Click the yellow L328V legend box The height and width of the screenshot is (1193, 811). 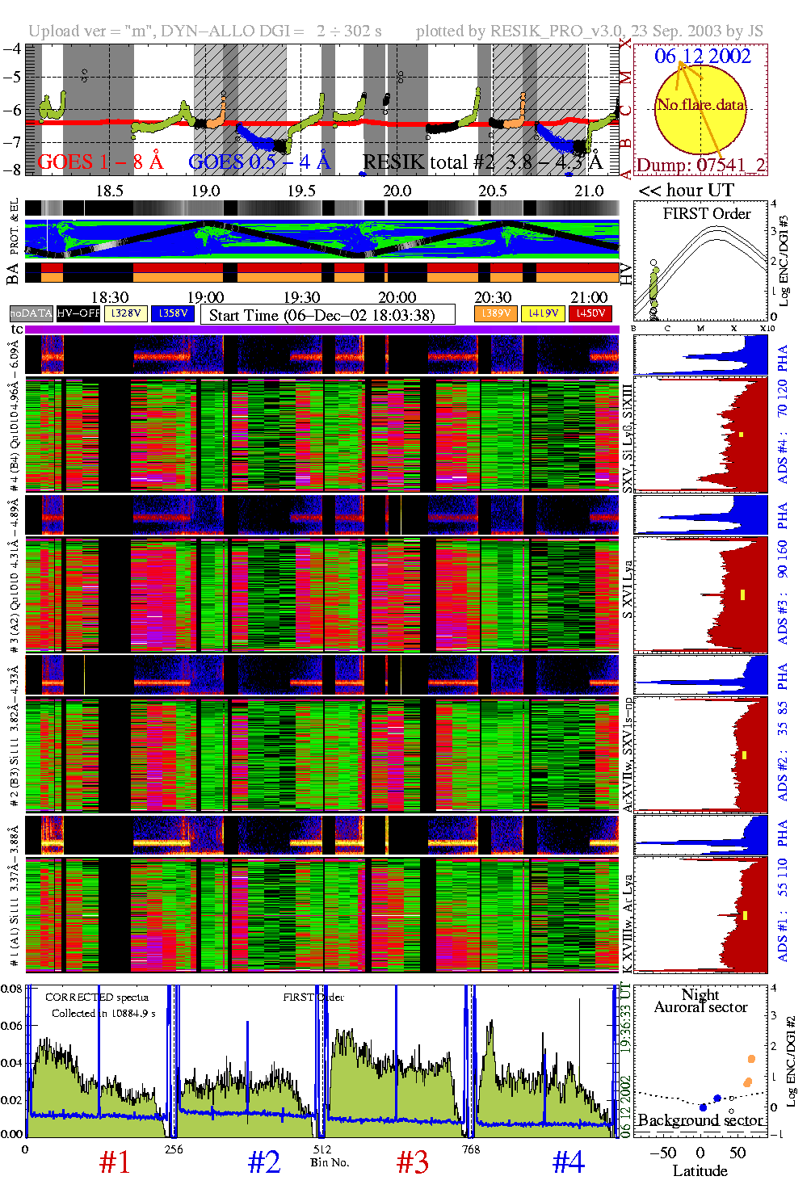126,313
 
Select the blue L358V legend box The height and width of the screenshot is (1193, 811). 173,313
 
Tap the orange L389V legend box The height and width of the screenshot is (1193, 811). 495,313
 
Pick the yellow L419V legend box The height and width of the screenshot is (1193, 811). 543,313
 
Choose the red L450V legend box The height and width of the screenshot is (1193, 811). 590,313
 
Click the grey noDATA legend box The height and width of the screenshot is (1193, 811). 32,313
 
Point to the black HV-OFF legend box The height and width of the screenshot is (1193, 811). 78,313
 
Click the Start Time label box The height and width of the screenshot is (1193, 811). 327,315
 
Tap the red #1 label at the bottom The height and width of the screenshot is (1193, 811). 115,1163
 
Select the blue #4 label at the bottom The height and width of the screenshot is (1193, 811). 569,1163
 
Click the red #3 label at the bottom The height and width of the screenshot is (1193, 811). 413,1163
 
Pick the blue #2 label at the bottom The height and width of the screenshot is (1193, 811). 264,1163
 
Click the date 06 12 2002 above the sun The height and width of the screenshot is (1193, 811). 702,57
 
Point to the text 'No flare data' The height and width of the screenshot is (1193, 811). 700,105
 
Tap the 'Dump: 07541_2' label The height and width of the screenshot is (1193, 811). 700,166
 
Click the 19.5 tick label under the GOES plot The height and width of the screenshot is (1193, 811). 301,191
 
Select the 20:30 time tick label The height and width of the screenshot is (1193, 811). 493,297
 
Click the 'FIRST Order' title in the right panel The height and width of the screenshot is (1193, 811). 707,214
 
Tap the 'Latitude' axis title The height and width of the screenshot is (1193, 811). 700,1171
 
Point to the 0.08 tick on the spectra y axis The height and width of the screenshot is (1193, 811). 11,989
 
